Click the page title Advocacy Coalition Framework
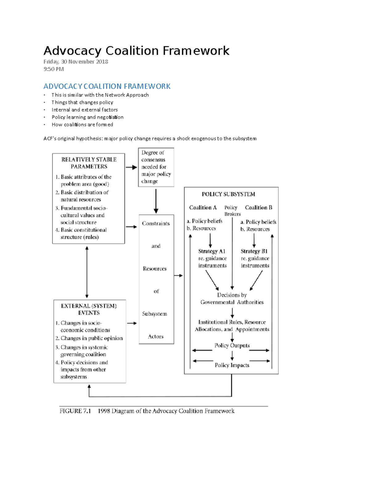(x=136, y=51)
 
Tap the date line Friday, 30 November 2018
(x=76, y=62)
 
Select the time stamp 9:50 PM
(x=54, y=69)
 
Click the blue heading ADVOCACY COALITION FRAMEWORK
(x=107, y=86)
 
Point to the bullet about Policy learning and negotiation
(x=87, y=117)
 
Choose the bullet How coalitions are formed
(x=82, y=125)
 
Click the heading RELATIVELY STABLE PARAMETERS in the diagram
(x=89, y=163)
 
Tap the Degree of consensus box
(x=156, y=167)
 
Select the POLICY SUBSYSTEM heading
(x=228, y=194)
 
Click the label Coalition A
(x=203, y=208)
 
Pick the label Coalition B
(x=258, y=208)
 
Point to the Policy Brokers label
(x=232, y=211)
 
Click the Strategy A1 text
(x=212, y=251)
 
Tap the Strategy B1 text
(x=254, y=251)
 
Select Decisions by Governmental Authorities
(x=232, y=299)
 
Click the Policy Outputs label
(x=232, y=345)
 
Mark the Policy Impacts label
(x=232, y=365)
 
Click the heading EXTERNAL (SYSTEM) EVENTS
(x=89, y=309)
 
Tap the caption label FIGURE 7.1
(x=75, y=411)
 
